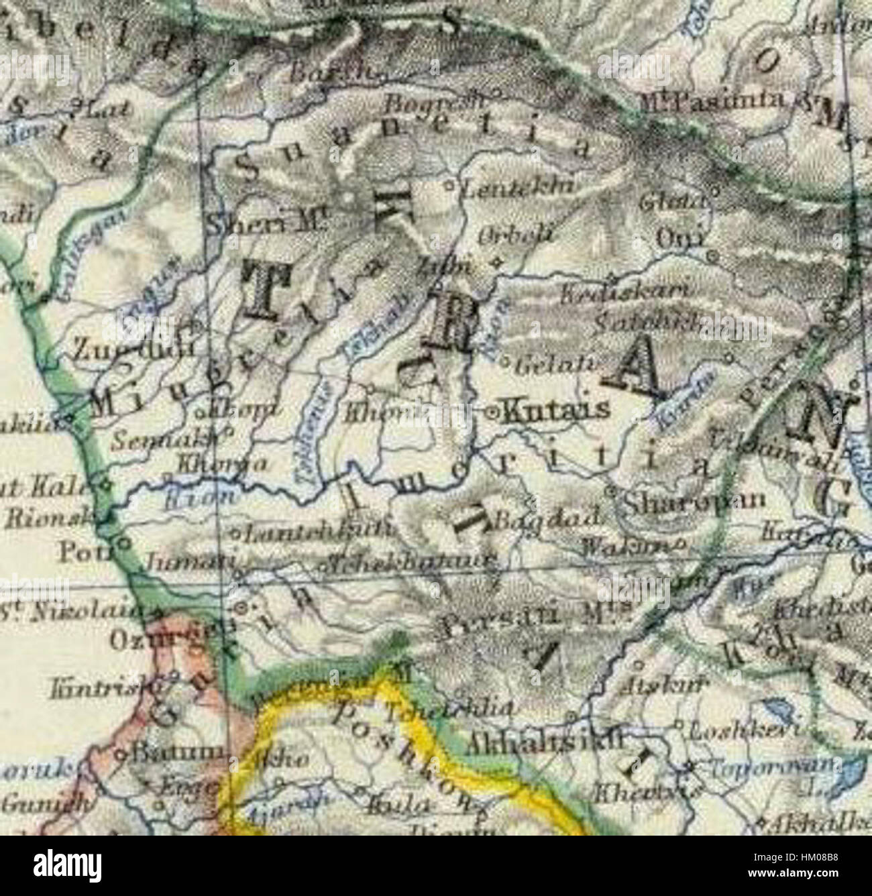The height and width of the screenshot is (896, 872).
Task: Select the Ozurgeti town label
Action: pyautogui.click(x=157, y=640)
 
